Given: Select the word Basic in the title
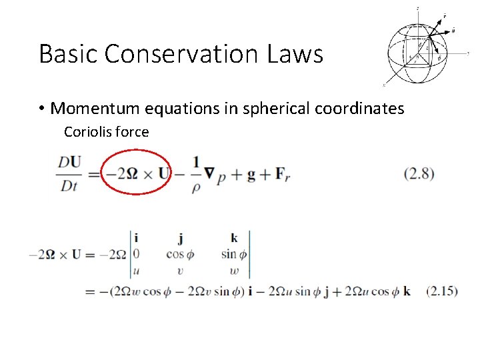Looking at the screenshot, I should pyautogui.click(x=65, y=54).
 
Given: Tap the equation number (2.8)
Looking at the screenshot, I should pyautogui.click(x=419, y=175).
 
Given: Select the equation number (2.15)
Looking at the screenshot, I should pyautogui.click(x=441, y=291).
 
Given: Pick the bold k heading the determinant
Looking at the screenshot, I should pyautogui.click(x=234, y=238).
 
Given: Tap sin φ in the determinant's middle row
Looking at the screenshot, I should pyautogui.click(x=234, y=254).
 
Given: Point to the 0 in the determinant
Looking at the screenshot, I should pyautogui.click(x=137, y=254).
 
